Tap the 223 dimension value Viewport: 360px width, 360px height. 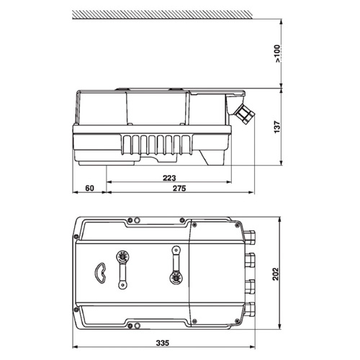coord(170,177)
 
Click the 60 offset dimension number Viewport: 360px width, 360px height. coord(90,188)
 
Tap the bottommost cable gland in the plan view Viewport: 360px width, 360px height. coord(252,310)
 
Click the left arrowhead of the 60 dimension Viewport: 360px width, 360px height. coord(76,193)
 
